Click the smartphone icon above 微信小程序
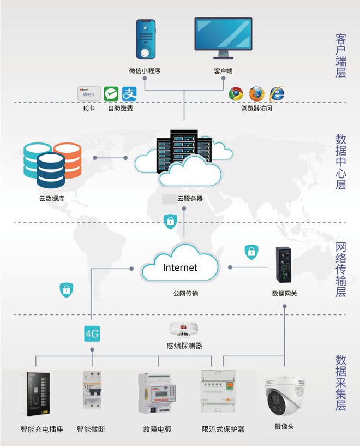pyautogui.click(x=146, y=39)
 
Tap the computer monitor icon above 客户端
pyautogui.click(x=223, y=37)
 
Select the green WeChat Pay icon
pyautogui.click(x=111, y=94)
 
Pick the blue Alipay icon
pyautogui.click(x=129, y=94)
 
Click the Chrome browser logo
pyautogui.click(x=236, y=94)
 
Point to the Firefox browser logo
pyautogui.click(x=256, y=94)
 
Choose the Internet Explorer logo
pyautogui.click(x=277, y=94)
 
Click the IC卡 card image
pyautogui.click(x=89, y=94)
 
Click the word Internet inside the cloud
pyautogui.click(x=180, y=268)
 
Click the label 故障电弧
pyautogui.click(x=158, y=429)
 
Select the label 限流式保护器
pyautogui.click(x=223, y=429)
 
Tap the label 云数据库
pyautogui.click(x=52, y=199)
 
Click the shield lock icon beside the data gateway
pyautogui.click(x=251, y=252)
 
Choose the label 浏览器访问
pyautogui.click(x=256, y=108)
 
